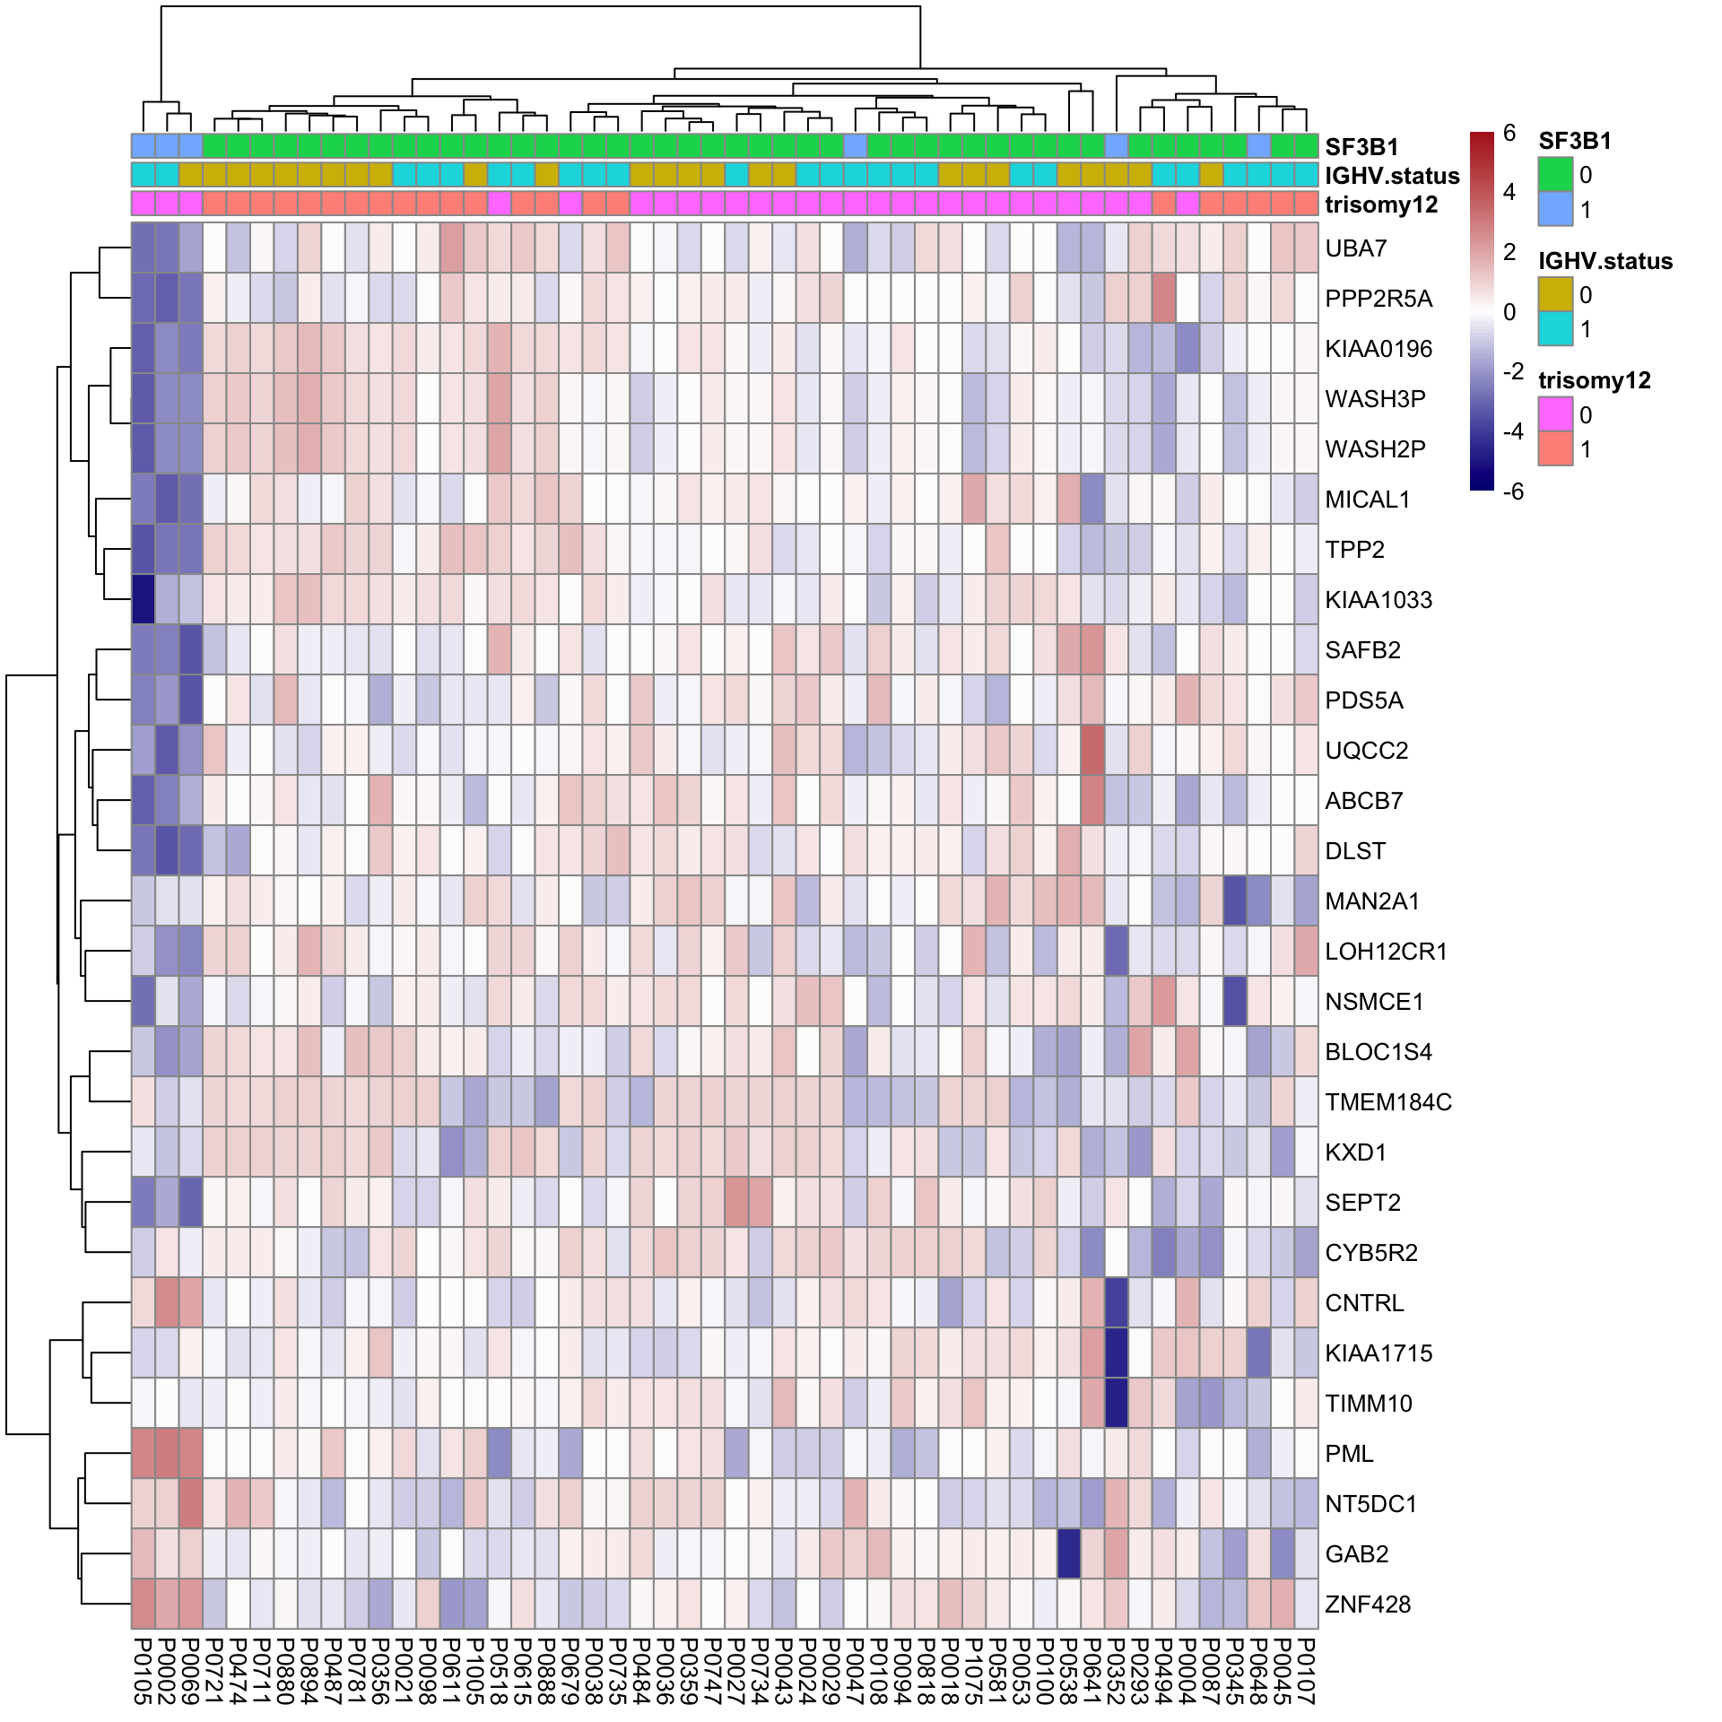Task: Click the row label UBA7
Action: tap(1355, 248)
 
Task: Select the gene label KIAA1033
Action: tap(1378, 600)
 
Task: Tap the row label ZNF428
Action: tap(1367, 1605)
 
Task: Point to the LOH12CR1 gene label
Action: tap(1386, 952)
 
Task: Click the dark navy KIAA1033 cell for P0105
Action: tap(143, 599)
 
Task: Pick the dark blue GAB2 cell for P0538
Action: tap(1068, 1553)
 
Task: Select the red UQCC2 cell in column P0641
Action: tap(1092, 750)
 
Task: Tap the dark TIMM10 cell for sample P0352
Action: tap(1116, 1403)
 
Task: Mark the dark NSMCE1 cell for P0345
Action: tap(1235, 1001)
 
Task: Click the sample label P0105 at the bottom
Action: tap(143, 1670)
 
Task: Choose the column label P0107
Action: tap(1306, 1670)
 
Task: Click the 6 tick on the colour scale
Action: tap(1509, 133)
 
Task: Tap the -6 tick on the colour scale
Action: tap(1512, 491)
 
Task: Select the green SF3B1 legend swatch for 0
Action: tap(1555, 174)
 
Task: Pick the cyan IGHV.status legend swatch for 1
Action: tap(1555, 328)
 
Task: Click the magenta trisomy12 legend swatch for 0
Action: tap(1555, 414)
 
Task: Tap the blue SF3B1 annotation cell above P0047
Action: tap(856, 145)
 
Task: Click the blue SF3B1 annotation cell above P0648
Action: tap(1258, 145)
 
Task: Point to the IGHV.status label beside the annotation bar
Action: tap(1391, 176)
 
